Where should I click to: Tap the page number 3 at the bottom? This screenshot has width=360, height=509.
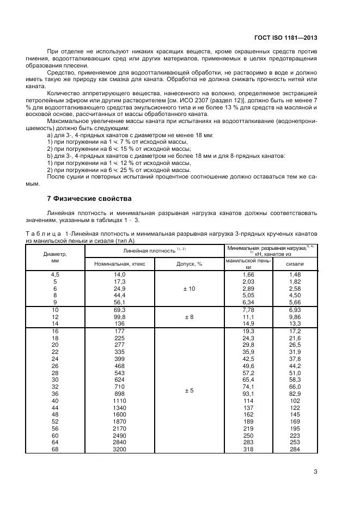[315, 472]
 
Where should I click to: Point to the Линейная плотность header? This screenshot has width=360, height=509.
[155, 249]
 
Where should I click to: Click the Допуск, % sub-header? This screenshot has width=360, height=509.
[189, 263]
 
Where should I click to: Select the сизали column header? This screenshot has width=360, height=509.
[295, 263]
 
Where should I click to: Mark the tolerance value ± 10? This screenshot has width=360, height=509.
[189, 288]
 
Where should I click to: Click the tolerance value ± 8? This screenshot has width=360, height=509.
[189, 316]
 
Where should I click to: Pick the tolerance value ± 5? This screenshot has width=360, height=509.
[189, 390]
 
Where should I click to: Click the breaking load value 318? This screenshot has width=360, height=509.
[248, 450]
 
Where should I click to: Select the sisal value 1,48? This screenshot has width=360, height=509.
[295, 274]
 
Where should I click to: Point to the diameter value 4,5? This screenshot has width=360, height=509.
[54, 274]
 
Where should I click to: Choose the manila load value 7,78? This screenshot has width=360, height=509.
[248, 309]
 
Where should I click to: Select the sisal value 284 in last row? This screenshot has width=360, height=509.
[295, 450]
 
